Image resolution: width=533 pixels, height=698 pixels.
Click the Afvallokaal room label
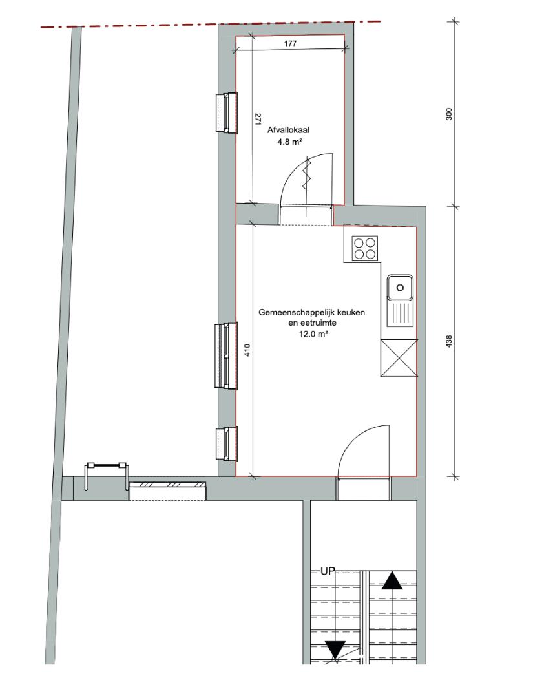tap(288, 131)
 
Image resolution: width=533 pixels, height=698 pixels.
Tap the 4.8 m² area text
tap(290, 143)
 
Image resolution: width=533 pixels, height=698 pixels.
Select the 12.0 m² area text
tap(313, 334)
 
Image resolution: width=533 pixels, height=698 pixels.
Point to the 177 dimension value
tap(289, 44)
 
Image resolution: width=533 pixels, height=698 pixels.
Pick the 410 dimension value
tap(248, 350)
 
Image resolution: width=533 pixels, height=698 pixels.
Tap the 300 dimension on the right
tap(449, 114)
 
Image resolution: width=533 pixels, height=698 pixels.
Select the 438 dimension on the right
tap(449, 341)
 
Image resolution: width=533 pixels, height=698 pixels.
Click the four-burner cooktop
tap(365, 248)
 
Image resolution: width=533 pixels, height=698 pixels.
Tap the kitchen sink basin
tap(400, 287)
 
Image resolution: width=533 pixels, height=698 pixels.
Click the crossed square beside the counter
tap(399, 358)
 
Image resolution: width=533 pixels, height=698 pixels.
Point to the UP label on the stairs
tap(328, 571)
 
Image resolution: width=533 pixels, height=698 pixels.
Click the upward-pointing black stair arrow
tap(392, 581)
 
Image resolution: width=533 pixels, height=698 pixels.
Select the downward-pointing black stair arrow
tap(335, 650)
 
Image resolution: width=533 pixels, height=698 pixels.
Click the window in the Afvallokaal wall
tap(227, 112)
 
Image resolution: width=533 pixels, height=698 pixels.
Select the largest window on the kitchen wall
tap(227, 355)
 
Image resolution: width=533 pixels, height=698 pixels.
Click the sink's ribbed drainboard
tap(400, 313)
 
